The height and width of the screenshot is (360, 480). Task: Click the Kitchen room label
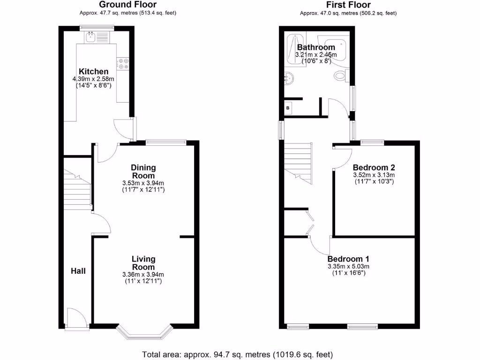pyautogui.click(x=93, y=71)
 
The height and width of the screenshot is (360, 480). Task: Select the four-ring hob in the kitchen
pyautogui.click(x=123, y=63)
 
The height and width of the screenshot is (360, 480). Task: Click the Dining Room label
pyautogui.click(x=143, y=171)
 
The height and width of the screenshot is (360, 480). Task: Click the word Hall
pyautogui.click(x=78, y=270)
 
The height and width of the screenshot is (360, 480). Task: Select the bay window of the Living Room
pyautogui.click(x=143, y=332)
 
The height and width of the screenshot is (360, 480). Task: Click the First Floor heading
pyautogui.click(x=348, y=5)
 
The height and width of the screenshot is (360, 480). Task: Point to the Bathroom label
pyautogui.click(x=316, y=47)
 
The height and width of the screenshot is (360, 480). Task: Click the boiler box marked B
pyautogui.click(x=288, y=108)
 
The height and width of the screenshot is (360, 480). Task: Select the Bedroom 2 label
pyautogui.click(x=374, y=167)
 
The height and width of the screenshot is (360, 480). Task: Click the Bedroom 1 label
pyautogui.click(x=348, y=259)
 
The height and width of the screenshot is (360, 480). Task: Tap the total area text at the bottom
pyautogui.click(x=237, y=354)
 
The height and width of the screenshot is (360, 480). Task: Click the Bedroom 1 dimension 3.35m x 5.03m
pyautogui.click(x=348, y=266)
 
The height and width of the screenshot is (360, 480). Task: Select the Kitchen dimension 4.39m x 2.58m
pyautogui.click(x=93, y=79)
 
